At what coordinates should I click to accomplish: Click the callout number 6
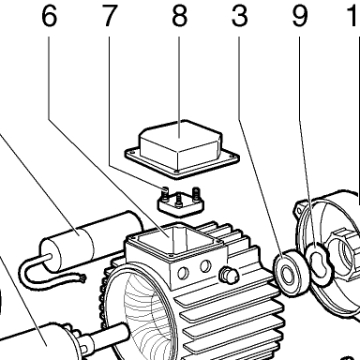click(x=50, y=16)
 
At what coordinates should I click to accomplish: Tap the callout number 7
click(x=109, y=16)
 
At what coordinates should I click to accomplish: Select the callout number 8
click(x=179, y=16)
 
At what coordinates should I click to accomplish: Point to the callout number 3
click(x=239, y=16)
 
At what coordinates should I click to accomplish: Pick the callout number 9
click(x=299, y=16)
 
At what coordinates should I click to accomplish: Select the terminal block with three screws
click(x=180, y=203)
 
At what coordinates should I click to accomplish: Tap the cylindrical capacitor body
click(x=92, y=241)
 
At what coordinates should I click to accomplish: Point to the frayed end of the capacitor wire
click(x=83, y=277)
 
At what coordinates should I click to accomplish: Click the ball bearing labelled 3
click(x=291, y=271)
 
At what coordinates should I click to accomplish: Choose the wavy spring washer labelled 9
click(x=320, y=262)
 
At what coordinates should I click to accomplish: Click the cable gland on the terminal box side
click(x=229, y=276)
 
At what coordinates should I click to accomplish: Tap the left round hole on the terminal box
click(x=183, y=274)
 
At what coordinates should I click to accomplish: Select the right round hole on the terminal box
click(x=205, y=266)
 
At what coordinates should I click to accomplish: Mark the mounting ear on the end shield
click(x=299, y=210)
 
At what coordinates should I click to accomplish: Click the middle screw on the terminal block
click(x=178, y=200)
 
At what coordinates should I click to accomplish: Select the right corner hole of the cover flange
click(x=232, y=156)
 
